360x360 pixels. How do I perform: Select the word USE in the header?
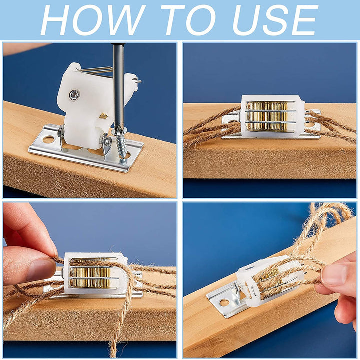pos(275,20)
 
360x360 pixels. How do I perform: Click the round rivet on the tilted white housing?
pos(74,95)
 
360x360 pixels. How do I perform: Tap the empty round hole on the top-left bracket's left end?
pos(48,139)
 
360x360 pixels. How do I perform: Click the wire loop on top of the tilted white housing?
pos(96,70)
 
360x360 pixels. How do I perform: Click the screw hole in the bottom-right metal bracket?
pos(224,303)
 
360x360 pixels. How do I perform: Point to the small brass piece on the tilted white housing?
pos(103,116)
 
